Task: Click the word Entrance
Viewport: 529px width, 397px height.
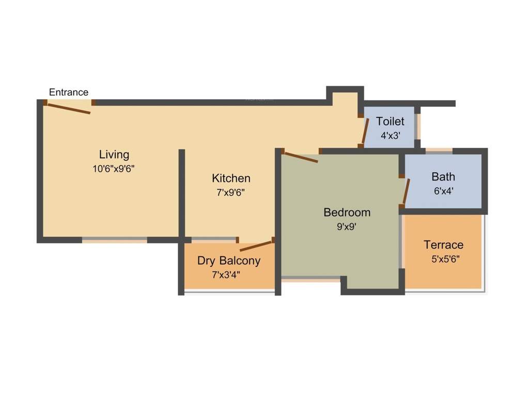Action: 69,93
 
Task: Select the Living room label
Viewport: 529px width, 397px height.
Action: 114,154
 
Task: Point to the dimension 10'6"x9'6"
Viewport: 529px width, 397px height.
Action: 114,168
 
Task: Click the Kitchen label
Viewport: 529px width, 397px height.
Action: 231,178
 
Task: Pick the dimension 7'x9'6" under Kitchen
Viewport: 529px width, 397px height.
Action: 231,192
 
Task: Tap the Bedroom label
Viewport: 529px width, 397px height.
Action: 347,212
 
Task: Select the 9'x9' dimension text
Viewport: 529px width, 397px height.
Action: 347,226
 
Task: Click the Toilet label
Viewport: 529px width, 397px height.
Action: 390,121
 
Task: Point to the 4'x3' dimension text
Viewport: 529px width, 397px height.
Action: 391,135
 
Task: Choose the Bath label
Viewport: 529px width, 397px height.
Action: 443,177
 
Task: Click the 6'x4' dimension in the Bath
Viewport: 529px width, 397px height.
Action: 443,190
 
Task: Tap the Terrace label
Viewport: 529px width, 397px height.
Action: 443,245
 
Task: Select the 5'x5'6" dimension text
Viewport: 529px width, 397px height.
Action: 445,258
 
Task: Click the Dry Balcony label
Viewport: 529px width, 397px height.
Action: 228,261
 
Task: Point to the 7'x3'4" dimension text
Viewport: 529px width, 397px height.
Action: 228,274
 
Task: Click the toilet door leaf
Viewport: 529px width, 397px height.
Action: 365,131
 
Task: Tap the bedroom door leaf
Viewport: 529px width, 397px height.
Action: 301,157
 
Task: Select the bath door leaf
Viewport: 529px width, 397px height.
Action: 407,191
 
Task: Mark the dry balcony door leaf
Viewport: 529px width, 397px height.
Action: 256,246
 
